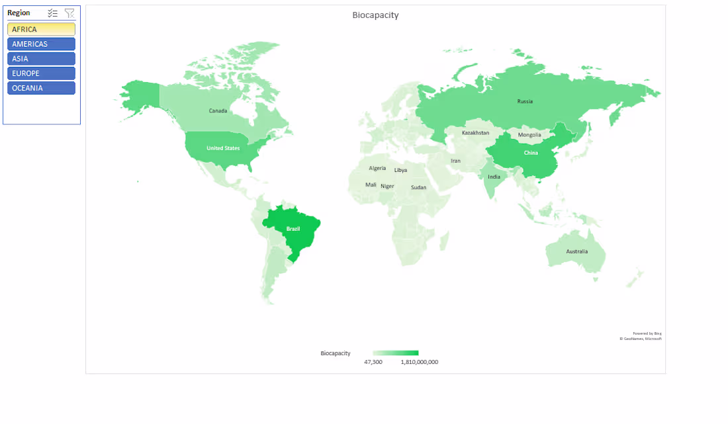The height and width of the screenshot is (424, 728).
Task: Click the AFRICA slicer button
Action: [41, 29]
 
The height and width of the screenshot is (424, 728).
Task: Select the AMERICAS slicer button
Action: [41, 44]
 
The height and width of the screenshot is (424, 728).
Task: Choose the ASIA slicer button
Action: [41, 58]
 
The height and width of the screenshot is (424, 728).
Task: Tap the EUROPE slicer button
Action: [41, 73]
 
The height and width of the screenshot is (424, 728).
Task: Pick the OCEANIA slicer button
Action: [41, 88]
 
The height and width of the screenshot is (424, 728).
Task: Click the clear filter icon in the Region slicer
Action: [69, 13]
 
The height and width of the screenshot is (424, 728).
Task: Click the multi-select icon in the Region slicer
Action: [53, 13]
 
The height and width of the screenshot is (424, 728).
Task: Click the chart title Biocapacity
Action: [375, 15]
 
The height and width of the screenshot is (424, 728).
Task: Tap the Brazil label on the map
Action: [293, 229]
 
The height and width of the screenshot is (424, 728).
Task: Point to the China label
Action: [531, 153]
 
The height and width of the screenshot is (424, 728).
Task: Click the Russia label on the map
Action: [525, 101]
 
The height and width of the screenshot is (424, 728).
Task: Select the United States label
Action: [223, 148]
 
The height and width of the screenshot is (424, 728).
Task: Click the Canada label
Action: [218, 110]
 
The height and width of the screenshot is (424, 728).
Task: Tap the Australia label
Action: [576, 251]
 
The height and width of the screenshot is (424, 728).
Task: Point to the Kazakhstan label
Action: [475, 133]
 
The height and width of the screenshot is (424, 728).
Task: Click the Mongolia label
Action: [529, 135]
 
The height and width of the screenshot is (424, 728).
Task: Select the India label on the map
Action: [494, 177]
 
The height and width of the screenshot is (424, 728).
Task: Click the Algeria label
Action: [377, 168]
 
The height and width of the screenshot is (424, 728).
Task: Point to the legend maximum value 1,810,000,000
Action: [419, 362]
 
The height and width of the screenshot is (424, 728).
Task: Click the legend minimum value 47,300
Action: [373, 362]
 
